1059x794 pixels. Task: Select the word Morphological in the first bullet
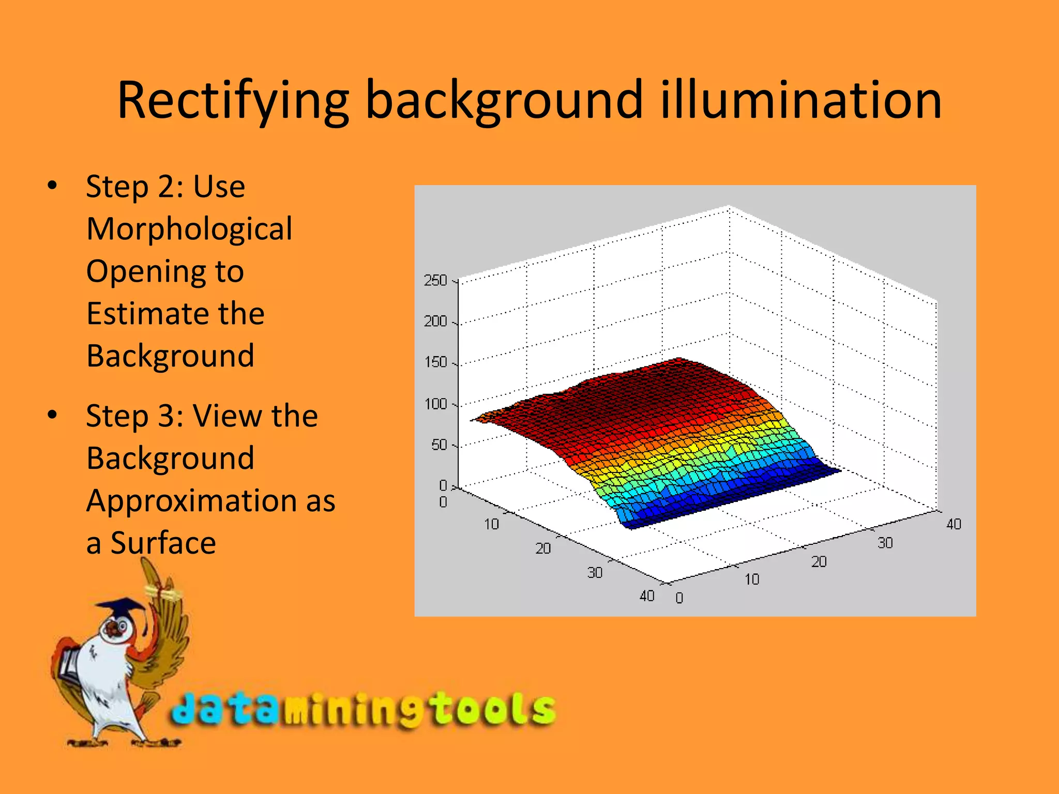189,229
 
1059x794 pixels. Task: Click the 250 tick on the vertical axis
435,281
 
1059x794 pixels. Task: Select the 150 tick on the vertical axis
435,362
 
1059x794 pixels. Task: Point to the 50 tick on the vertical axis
438,445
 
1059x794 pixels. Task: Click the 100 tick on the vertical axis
435,404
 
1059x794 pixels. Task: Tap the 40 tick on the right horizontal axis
954,524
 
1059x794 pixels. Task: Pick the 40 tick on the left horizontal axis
647,596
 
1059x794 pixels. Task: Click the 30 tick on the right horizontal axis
885,543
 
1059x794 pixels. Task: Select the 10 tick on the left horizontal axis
491,524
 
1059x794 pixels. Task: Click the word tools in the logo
491,709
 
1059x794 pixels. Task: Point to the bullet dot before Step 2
52,186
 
